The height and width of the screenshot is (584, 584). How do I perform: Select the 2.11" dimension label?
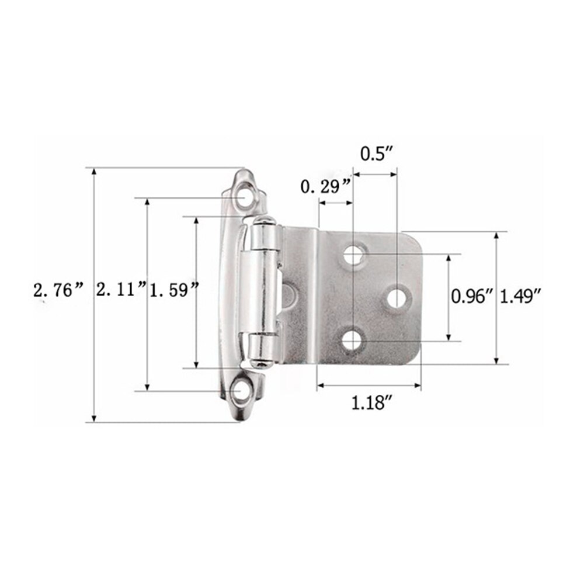click(x=121, y=289)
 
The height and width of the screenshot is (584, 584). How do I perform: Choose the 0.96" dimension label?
click(x=472, y=297)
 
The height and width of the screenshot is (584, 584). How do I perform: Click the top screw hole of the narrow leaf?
click(x=243, y=197)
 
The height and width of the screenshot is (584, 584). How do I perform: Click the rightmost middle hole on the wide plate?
click(x=397, y=297)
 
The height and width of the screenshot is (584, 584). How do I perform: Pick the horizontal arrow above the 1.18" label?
click(x=369, y=385)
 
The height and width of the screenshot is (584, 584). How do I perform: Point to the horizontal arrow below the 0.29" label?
click(x=336, y=203)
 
